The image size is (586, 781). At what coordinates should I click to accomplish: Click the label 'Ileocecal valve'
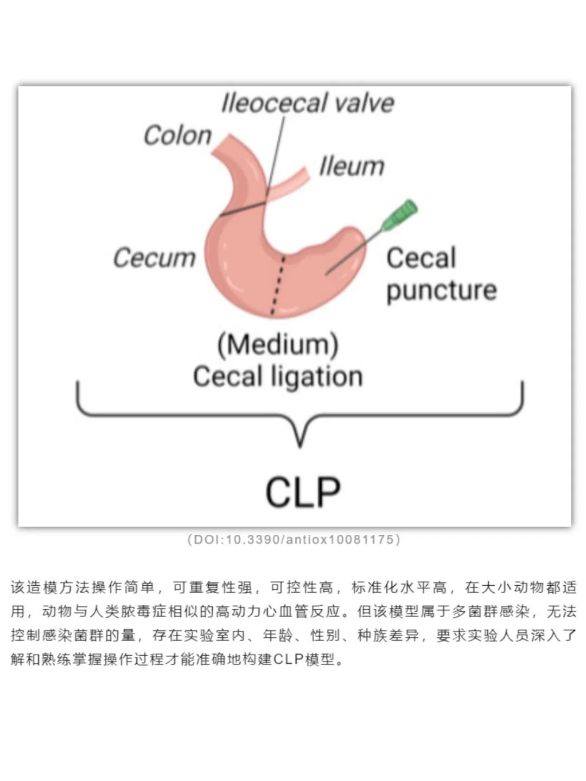[x=307, y=103]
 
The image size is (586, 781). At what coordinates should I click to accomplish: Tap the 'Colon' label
[x=177, y=135]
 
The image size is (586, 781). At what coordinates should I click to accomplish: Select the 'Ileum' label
[x=352, y=166]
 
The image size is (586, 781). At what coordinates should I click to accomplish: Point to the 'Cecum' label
[x=154, y=257]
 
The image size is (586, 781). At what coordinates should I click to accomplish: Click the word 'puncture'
[x=441, y=290]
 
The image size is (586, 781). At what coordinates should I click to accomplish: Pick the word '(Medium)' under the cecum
[x=278, y=344]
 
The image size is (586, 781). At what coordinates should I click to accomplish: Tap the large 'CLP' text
[x=303, y=492]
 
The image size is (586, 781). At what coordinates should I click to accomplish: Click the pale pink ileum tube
[x=290, y=183]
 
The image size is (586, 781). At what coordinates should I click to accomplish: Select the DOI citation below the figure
[x=294, y=540]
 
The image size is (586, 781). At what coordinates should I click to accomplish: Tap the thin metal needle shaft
[x=353, y=253]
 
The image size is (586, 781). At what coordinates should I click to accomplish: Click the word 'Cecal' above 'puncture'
[x=421, y=258]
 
